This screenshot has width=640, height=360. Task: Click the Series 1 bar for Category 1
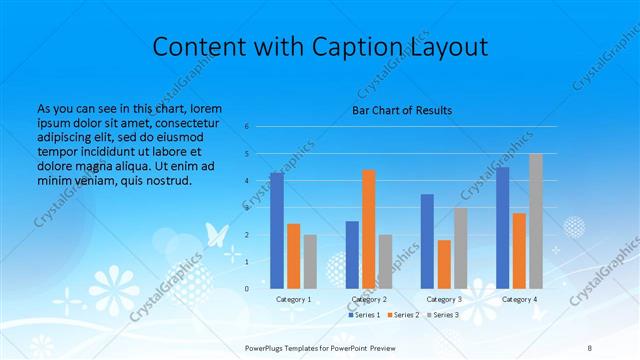point(277,230)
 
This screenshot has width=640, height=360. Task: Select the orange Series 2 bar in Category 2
point(369,229)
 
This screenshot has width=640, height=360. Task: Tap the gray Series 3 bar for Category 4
point(536,221)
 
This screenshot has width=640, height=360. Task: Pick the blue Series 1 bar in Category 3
point(428,241)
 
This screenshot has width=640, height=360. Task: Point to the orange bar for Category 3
point(444,264)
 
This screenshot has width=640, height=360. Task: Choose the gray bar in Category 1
point(310,261)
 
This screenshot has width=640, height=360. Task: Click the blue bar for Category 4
point(503,227)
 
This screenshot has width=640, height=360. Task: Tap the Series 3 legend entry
point(445,315)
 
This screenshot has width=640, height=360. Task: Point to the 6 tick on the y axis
point(247,127)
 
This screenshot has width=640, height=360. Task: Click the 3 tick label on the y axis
point(247,208)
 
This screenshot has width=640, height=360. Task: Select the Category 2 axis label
point(369,299)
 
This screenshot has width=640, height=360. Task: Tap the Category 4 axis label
point(519,299)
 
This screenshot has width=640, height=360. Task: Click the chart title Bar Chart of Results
point(402,109)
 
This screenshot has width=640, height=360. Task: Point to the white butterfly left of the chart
point(216,234)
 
